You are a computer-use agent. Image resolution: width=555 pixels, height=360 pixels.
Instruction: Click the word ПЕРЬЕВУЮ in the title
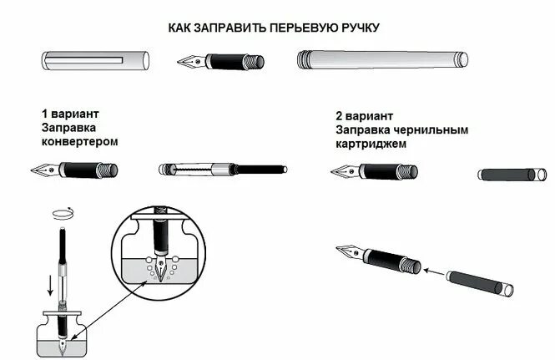click(x=304, y=27)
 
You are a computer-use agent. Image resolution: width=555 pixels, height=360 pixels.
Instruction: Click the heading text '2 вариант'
click(x=365, y=116)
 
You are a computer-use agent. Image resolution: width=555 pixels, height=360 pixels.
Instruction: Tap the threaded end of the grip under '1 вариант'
click(x=108, y=170)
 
